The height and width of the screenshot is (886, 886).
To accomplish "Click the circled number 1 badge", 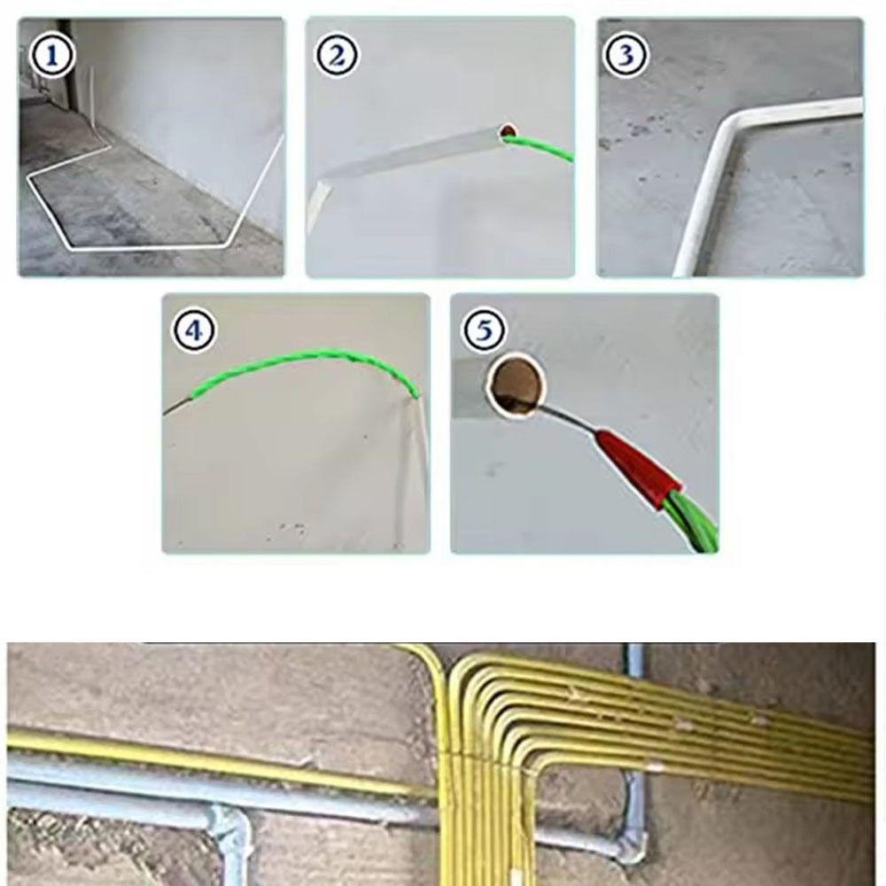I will [52, 57].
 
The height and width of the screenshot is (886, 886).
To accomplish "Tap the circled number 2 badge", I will [337, 57].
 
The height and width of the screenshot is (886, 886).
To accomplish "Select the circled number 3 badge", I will [626, 57].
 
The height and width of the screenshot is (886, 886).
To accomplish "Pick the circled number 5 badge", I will [484, 331].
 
